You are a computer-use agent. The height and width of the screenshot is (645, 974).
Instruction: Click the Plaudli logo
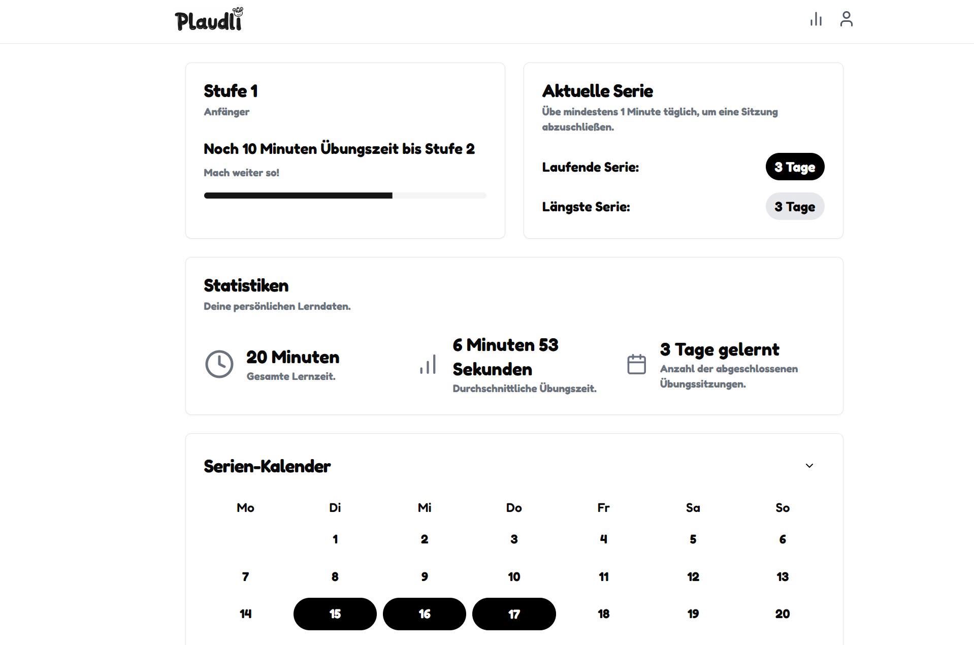(209, 19)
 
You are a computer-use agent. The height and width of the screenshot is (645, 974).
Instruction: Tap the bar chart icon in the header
(816, 19)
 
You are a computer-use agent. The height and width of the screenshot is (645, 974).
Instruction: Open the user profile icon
(846, 19)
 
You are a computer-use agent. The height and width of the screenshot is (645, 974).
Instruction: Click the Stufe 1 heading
(231, 91)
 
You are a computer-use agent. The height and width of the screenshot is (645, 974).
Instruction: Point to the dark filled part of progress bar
(298, 196)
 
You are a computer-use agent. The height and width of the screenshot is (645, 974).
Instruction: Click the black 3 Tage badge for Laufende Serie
(795, 167)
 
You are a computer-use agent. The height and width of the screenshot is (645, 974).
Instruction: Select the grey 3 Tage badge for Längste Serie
(795, 206)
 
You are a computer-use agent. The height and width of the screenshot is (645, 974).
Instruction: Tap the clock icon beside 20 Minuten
(219, 364)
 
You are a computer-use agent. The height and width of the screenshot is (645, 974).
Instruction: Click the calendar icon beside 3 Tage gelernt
(636, 364)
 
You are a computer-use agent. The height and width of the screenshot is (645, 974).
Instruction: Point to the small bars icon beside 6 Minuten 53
(428, 364)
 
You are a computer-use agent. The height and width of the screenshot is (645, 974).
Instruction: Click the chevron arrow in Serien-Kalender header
(809, 466)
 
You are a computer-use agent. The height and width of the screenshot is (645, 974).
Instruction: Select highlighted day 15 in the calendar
(335, 614)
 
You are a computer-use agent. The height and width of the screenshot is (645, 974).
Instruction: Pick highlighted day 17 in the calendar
(514, 614)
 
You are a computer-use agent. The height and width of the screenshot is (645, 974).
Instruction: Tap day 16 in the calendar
(425, 614)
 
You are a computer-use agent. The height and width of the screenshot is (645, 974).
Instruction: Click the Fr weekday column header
(603, 508)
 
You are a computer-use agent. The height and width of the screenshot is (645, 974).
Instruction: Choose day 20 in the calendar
(783, 614)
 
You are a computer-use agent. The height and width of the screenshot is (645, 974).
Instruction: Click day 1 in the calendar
(335, 539)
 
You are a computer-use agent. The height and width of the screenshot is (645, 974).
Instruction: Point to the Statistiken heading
(246, 285)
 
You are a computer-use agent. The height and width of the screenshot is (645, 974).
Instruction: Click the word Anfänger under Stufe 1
(226, 112)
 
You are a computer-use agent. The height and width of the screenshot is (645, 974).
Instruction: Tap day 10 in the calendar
(514, 577)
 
